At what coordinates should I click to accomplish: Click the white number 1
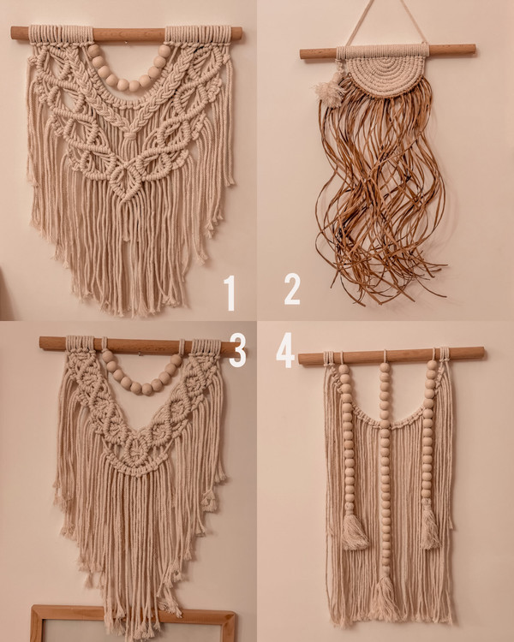(x=230, y=293)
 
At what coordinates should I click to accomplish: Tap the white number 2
(x=292, y=289)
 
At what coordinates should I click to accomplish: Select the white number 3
(x=237, y=349)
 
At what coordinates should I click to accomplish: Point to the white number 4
(x=285, y=350)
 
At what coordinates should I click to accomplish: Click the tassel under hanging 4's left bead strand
(x=354, y=531)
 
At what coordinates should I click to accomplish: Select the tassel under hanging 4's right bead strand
(x=430, y=529)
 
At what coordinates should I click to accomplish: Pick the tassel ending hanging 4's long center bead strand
(x=385, y=596)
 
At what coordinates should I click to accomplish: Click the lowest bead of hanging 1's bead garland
(x=123, y=85)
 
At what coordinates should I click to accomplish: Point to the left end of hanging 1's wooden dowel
(x=13, y=33)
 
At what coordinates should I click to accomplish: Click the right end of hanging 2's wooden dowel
(x=474, y=50)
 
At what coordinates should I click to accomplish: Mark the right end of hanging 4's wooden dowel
(x=481, y=353)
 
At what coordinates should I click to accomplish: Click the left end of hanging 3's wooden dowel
(x=42, y=342)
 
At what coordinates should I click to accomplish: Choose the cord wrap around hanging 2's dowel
(x=383, y=52)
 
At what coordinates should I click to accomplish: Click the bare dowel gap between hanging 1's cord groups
(x=128, y=34)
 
